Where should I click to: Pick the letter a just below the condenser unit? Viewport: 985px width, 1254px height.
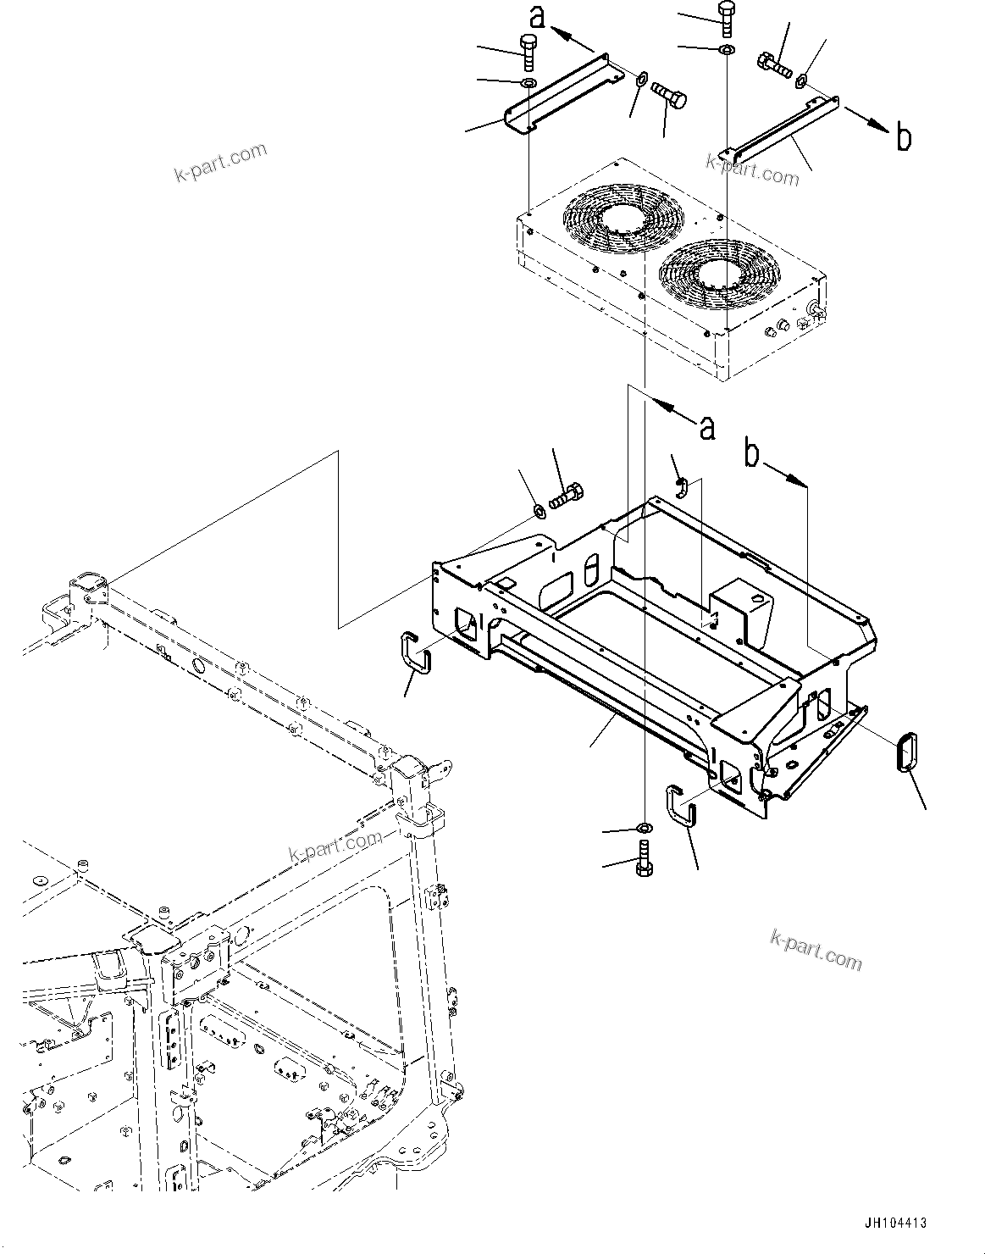tap(706, 428)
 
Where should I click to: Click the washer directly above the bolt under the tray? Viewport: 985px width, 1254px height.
tap(644, 828)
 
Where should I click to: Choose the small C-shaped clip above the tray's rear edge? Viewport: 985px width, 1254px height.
tap(681, 486)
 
